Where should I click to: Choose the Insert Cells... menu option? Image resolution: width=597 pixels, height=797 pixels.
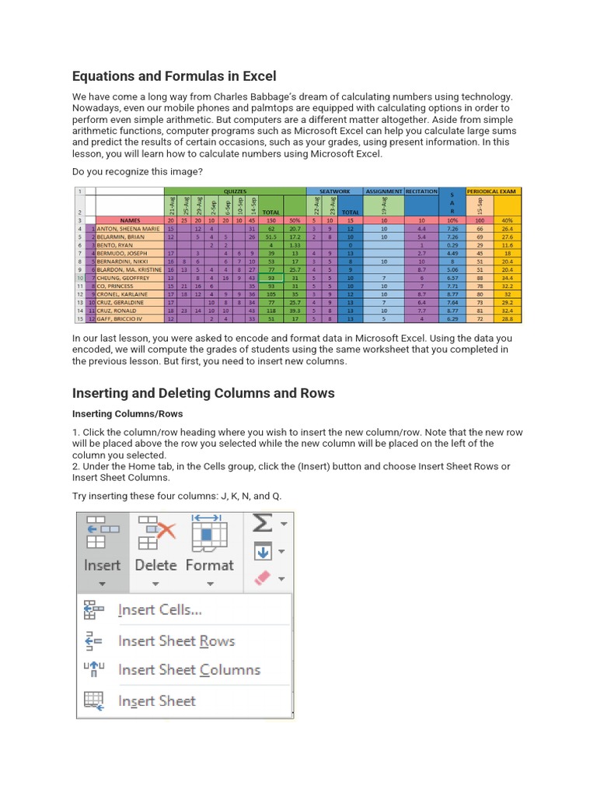159,610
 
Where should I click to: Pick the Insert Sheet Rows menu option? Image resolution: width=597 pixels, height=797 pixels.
176,641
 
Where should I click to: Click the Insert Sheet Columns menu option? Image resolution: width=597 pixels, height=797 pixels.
188,669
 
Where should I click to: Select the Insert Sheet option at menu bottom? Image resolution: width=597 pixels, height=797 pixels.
156,700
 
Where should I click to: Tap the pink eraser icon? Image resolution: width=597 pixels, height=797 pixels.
262,578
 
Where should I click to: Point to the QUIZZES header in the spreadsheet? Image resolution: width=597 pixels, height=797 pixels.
235,191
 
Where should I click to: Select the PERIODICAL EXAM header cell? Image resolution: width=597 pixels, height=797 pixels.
494,191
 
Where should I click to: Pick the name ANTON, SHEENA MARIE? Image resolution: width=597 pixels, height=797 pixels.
129,229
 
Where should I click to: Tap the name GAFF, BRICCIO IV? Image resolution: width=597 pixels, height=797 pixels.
120,319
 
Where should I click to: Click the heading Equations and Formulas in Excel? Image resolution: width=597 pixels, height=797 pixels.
174,76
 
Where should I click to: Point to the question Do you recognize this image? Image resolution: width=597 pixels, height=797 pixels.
138,170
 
